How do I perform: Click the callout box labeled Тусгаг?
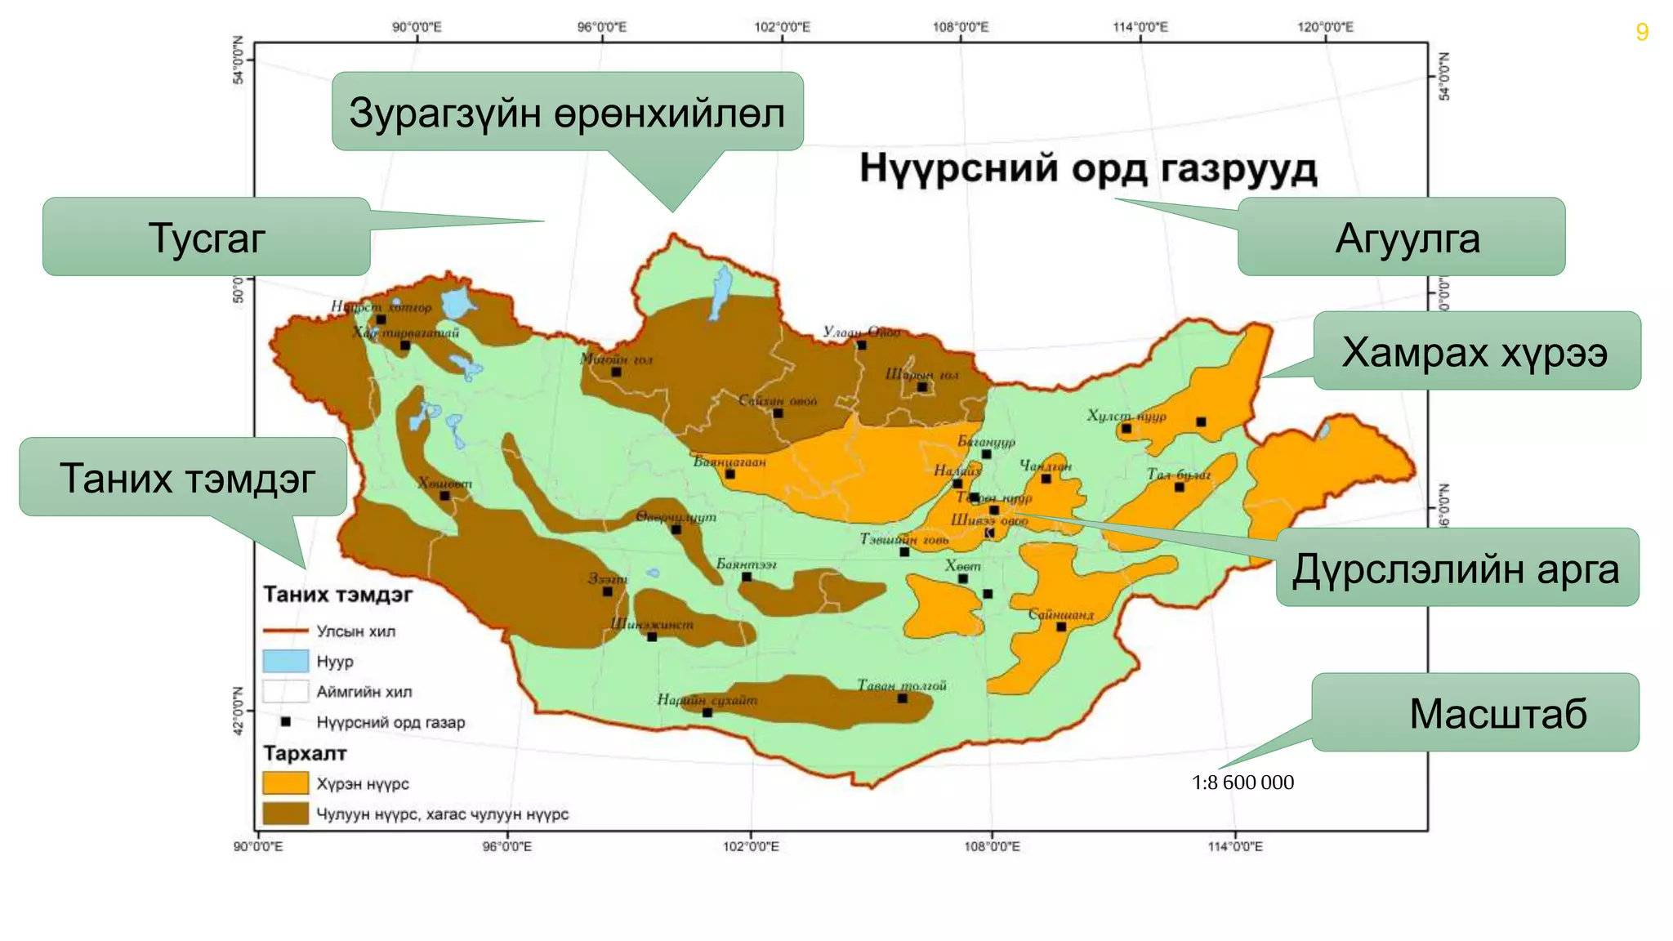[x=206, y=237]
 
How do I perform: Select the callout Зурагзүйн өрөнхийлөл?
[x=567, y=112]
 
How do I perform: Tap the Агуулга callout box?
[x=1401, y=237]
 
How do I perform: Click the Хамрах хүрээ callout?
[x=1476, y=351]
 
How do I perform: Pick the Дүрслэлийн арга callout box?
[x=1457, y=568]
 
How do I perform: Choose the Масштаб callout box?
[x=1475, y=712]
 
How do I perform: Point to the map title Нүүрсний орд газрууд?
[x=1088, y=169]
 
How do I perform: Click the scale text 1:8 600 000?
[x=1242, y=783]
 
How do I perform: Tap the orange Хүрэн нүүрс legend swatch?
[x=285, y=783]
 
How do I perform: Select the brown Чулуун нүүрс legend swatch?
[x=285, y=814]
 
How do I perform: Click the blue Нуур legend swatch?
[x=285, y=661]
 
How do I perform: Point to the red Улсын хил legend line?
[x=285, y=631]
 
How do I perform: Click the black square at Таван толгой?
[x=903, y=698]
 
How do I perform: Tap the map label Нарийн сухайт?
[x=707, y=700]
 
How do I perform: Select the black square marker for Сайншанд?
[x=1061, y=627]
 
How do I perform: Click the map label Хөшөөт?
[x=445, y=483]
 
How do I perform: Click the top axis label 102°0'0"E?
[x=782, y=27]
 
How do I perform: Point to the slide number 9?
[x=1642, y=32]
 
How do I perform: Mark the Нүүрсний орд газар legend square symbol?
[x=286, y=722]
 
